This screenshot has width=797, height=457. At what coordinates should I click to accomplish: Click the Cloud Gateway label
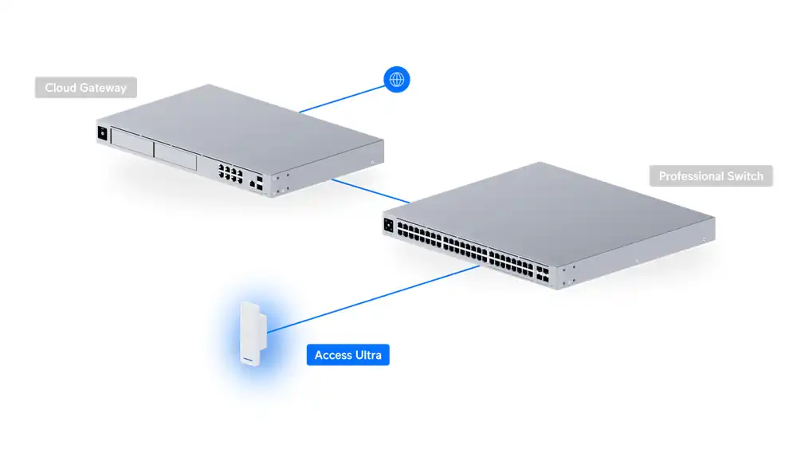(x=86, y=88)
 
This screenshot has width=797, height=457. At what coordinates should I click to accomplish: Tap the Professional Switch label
(x=711, y=176)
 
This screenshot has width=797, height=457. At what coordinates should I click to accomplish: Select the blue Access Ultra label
(x=348, y=355)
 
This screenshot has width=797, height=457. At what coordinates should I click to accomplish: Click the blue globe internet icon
(x=396, y=80)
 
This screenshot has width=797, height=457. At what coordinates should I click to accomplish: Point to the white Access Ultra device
(x=253, y=334)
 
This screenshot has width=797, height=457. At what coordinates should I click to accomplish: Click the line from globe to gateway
(x=342, y=99)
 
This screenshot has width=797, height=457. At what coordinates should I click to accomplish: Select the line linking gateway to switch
(x=371, y=191)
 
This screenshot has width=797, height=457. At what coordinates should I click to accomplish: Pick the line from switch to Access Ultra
(x=373, y=299)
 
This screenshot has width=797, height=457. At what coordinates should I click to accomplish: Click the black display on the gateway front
(x=103, y=133)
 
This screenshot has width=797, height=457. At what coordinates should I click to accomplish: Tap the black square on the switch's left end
(x=389, y=225)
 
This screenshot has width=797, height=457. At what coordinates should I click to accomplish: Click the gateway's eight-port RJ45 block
(x=230, y=173)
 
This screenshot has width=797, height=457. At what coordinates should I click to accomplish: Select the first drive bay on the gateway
(x=132, y=142)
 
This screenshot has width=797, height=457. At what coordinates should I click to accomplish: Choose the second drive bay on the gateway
(x=175, y=156)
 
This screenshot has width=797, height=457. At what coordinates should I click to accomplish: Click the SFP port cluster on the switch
(x=542, y=274)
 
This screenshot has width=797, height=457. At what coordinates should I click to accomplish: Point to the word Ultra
(x=368, y=355)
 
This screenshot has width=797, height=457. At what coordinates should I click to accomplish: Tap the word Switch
(x=745, y=176)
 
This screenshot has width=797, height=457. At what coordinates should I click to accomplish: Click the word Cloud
(x=61, y=88)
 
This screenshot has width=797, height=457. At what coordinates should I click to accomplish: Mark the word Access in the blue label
(x=333, y=355)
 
